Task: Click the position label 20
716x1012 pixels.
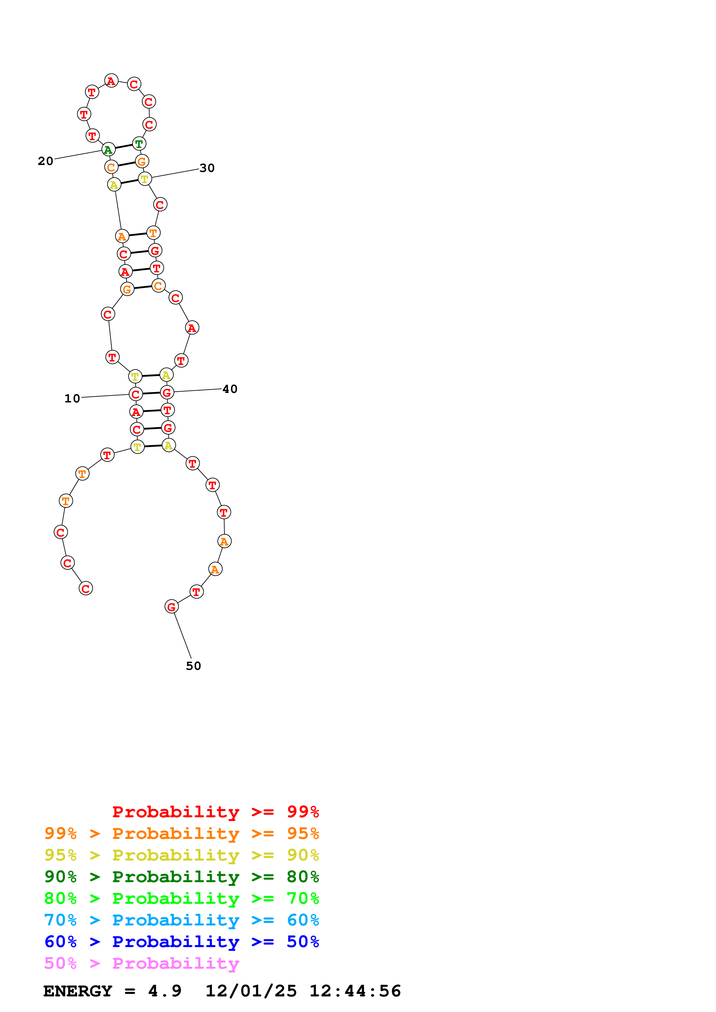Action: (x=45, y=161)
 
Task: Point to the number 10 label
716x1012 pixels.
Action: (x=72, y=398)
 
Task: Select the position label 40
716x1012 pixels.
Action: (x=230, y=389)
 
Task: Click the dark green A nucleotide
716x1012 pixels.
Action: (x=108, y=149)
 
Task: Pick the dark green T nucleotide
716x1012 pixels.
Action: (x=139, y=144)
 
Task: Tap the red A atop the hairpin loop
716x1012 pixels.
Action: (x=111, y=81)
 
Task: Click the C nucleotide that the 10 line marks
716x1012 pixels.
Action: (x=135, y=394)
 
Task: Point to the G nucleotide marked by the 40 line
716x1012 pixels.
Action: (x=167, y=392)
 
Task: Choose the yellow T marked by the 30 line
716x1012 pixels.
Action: (x=145, y=179)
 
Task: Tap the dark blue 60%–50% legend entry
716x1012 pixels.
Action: (x=181, y=942)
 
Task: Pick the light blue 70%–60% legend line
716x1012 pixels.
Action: (x=181, y=920)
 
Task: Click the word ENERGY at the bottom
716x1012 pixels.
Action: (x=78, y=991)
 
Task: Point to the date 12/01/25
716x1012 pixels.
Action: (x=251, y=991)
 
